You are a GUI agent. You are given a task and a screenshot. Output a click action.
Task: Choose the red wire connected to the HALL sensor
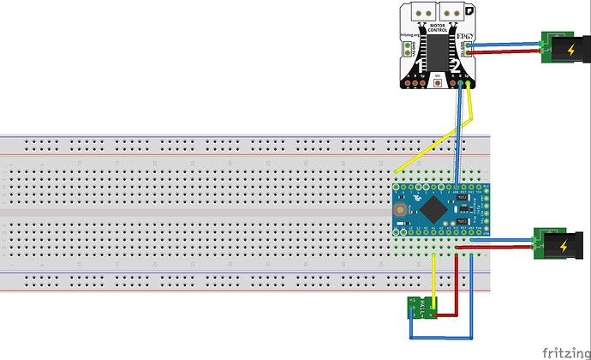point(455,283)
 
